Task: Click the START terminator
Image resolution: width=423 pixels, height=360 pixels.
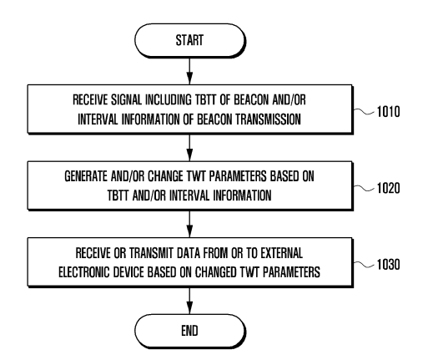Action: pyautogui.click(x=189, y=41)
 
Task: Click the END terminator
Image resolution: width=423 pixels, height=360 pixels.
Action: pyautogui.click(x=189, y=331)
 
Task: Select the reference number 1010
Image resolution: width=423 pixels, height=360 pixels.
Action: pyautogui.click(x=388, y=112)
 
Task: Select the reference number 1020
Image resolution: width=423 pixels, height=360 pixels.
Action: pyautogui.click(x=388, y=188)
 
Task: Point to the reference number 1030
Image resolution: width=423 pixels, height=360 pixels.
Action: pyautogui.click(x=388, y=264)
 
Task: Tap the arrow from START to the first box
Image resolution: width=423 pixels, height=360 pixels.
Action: pyautogui.click(x=189, y=71)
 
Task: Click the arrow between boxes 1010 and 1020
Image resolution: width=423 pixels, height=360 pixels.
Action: pyautogui.click(x=189, y=148)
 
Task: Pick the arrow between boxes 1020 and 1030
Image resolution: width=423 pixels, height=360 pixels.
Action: pyautogui.click(x=189, y=224)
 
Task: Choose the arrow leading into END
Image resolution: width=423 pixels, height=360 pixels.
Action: pyautogui.click(x=189, y=301)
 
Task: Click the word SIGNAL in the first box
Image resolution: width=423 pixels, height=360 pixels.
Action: pyautogui.click(x=127, y=100)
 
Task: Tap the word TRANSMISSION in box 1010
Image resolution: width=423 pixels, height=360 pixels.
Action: pyautogui.click(x=268, y=119)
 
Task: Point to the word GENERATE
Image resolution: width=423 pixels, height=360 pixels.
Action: pyautogui.click(x=86, y=176)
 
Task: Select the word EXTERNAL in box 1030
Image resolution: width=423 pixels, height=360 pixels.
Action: pyautogui.click(x=281, y=253)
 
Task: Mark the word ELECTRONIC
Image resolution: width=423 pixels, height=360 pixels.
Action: pyautogui.click(x=84, y=272)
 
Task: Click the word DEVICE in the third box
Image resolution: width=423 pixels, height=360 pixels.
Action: pyautogui.click(x=128, y=272)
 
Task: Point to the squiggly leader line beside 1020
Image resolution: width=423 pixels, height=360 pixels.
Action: pyautogui.click(x=364, y=188)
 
